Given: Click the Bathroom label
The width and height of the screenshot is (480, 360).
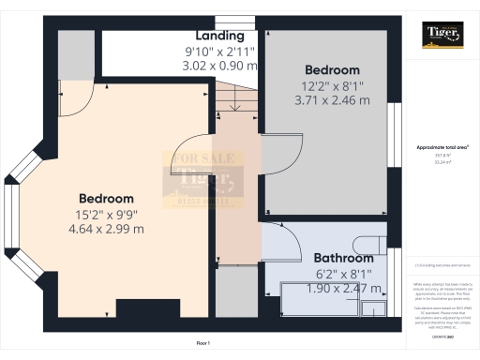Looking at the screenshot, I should tap(343, 258).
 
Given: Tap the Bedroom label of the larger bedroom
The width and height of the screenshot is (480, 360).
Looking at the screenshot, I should tap(106, 199).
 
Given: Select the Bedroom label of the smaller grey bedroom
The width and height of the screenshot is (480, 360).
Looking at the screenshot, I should tap(332, 70).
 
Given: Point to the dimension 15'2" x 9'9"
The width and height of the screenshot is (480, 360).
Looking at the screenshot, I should tap(106, 214).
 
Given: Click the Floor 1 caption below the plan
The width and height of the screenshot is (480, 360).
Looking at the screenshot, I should tap(202, 344).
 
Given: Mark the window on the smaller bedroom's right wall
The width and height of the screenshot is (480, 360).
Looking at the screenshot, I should tap(393, 131).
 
